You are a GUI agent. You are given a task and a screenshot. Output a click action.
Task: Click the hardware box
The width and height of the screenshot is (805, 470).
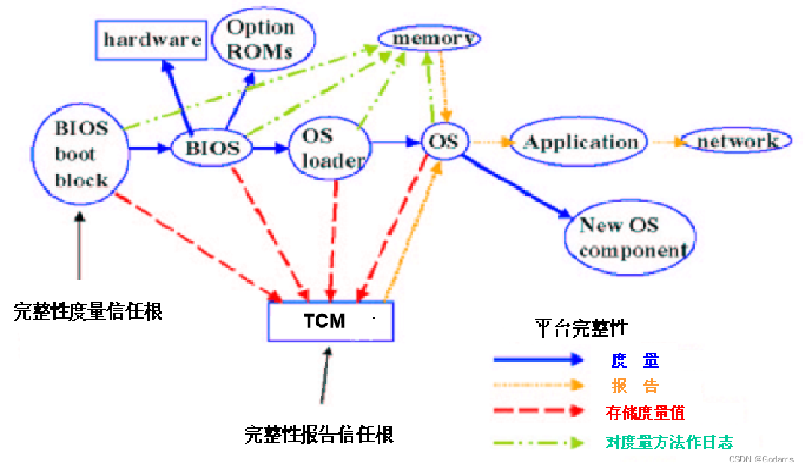152,40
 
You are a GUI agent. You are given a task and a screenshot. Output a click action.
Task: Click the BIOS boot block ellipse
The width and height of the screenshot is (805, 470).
81,154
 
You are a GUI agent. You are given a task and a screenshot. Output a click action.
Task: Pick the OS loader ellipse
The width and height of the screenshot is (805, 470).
328,148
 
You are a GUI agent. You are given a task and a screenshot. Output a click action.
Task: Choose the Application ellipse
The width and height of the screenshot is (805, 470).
579,142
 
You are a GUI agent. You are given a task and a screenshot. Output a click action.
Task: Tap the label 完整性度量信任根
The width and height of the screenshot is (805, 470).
88,311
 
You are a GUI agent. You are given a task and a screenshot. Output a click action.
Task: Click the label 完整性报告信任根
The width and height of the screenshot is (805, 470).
319,434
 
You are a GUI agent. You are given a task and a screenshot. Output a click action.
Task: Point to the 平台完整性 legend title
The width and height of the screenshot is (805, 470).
581,329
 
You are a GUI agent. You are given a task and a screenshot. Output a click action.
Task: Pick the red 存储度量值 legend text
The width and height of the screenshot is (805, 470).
645,413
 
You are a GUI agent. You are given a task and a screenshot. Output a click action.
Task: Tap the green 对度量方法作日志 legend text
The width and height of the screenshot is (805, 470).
668,441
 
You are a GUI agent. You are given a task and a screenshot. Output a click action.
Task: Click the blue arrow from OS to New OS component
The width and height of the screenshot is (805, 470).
519,186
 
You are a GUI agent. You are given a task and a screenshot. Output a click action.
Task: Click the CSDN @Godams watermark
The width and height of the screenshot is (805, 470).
761,459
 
